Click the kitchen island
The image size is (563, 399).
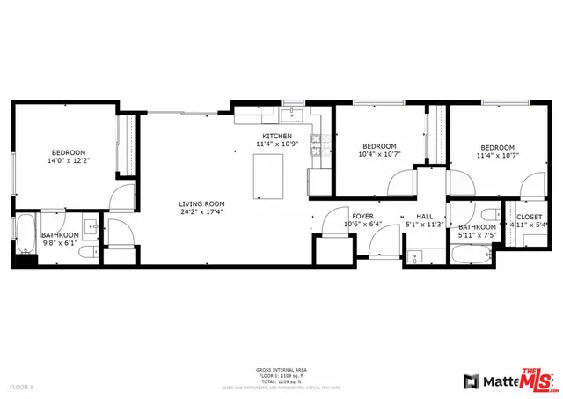(x=269, y=176)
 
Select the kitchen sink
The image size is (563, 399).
(x=293, y=115)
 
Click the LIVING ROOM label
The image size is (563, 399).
(x=202, y=203)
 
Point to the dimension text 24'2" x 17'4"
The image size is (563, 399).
(x=202, y=211)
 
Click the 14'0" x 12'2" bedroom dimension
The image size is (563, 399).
(x=69, y=161)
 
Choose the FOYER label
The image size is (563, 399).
(x=362, y=216)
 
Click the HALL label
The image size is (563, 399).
(x=425, y=216)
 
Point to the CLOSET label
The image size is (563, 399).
(x=529, y=216)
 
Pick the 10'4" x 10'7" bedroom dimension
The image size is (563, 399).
(x=379, y=155)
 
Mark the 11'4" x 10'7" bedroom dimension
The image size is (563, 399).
(x=498, y=155)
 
